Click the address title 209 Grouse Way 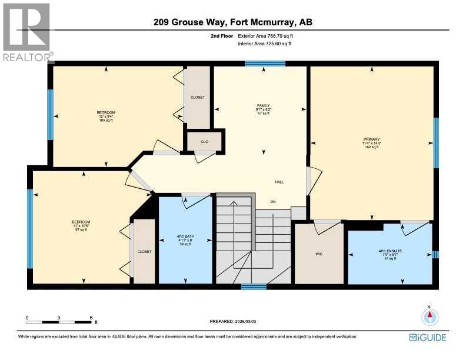coord(233,23)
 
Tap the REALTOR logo coord(27,32)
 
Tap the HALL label coord(279,182)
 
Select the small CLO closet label coord(204,141)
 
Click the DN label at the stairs coord(273,202)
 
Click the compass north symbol coord(430,316)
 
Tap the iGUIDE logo coord(428,338)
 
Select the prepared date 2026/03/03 coord(233,321)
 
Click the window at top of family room coord(265,64)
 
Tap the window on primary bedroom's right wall coord(436,143)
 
